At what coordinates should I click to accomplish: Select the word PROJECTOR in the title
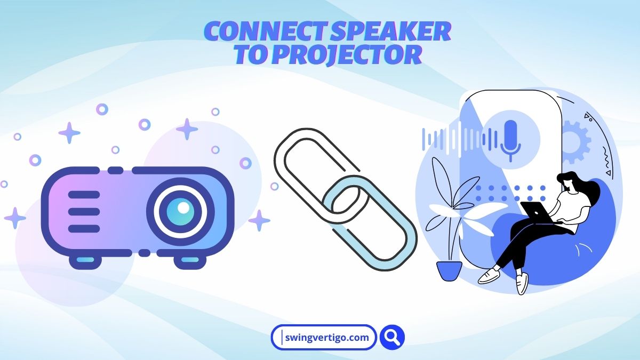tap(347, 55)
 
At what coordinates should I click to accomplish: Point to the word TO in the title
tap(251, 55)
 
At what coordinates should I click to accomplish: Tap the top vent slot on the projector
tap(84, 195)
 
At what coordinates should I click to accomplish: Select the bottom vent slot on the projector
tap(84, 229)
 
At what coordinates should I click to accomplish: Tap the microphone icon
tap(510, 139)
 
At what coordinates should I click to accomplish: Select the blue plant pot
tap(449, 270)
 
